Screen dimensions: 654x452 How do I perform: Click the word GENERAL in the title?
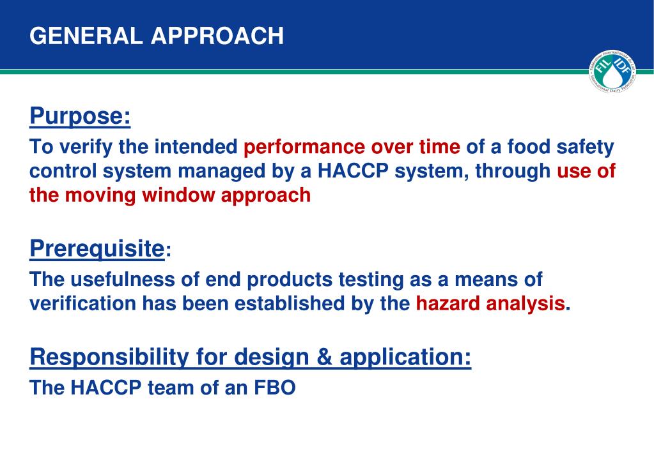click(86, 36)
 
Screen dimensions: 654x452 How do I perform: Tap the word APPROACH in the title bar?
click(217, 36)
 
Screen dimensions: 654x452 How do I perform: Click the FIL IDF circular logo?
click(612, 72)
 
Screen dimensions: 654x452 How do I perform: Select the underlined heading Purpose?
click(80, 116)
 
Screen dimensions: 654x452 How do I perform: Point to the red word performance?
click(304, 147)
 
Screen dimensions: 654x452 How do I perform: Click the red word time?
click(440, 147)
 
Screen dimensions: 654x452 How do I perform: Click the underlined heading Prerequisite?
click(97, 249)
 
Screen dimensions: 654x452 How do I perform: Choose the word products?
click(290, 280)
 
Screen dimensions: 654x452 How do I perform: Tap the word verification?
click(82, 303)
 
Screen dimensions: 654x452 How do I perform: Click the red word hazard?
click(448, 303)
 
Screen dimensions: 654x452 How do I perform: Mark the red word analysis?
click(526, 304)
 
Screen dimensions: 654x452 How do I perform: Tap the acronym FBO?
click(275, 388)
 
